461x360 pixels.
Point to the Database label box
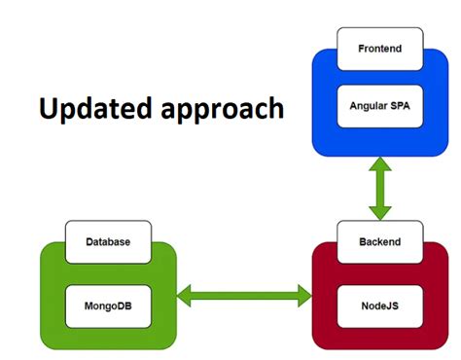pyautogui.click(x=107, y=240)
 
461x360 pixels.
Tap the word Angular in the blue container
pyautogui.click(x=368, y=105)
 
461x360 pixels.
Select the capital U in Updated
pyautogui.click(x=49, y=108)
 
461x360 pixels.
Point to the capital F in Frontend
pyautogui.click(x=361, y=49)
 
